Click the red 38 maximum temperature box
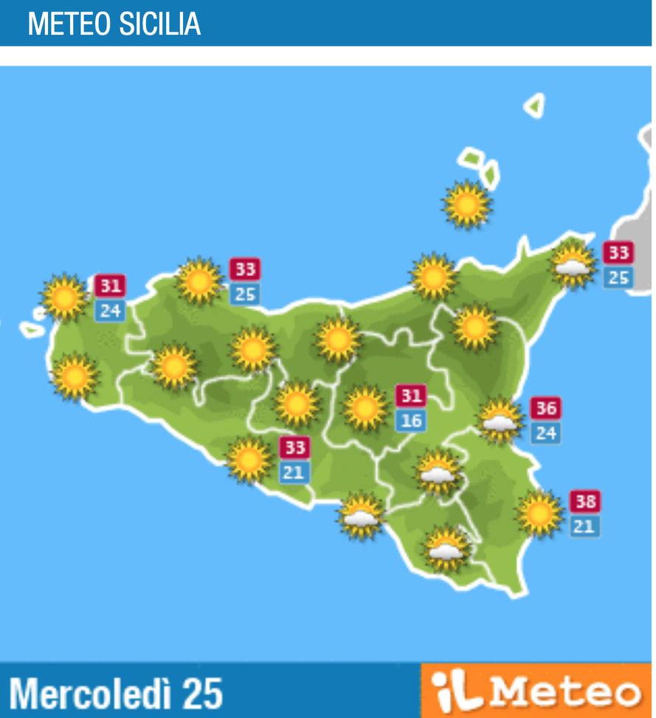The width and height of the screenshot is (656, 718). (584, 503)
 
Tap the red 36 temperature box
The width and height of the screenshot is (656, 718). (545, 408)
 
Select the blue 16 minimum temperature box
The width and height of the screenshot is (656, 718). (410, 421)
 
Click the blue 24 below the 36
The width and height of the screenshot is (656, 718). (545, 432)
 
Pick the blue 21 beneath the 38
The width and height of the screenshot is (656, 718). (584, 527)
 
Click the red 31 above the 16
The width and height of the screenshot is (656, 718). (410, 396)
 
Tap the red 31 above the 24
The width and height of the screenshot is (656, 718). (110, 286)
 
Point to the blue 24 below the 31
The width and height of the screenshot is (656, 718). (110, 311)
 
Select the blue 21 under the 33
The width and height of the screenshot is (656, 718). (294, 472)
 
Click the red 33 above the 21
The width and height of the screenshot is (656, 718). (294, 448)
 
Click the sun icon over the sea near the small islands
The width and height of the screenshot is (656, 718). (467, 204)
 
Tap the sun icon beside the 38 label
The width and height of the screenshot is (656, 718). (539, 514)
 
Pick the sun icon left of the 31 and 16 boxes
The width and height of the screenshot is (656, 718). (365, 408)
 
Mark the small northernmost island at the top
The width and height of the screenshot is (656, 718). (535, 106)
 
